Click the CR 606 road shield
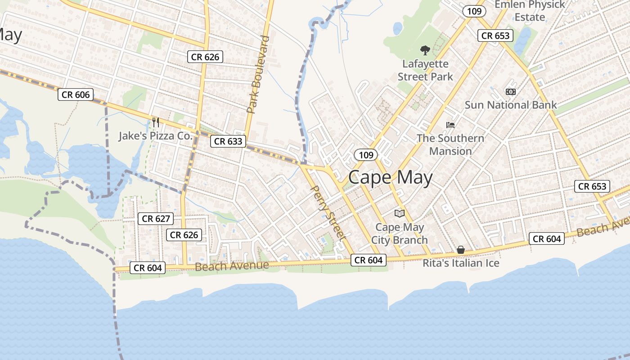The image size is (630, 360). tap(76, 94)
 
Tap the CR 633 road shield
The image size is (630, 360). tap(228, 141)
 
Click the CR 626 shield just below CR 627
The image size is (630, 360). tap(184, 235)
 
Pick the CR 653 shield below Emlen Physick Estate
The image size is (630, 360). tap(495, 36)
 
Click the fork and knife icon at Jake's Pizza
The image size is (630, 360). tap(156, 122)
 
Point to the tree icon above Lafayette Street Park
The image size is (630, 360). tap(425, 50)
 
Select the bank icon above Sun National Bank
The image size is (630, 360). tap(510, 92)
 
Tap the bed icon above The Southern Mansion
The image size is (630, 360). tap(450, 125)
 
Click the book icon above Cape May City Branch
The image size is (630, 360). tap(400, 213)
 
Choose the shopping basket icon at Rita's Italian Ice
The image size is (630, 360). tap(461, 250)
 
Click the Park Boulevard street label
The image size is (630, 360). tap(258, 74)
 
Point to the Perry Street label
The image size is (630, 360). tap(328, 212)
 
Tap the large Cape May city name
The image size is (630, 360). tap(390, 178)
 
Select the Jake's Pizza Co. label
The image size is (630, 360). tap(155, 136)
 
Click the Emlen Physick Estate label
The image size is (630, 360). tap(530, 11)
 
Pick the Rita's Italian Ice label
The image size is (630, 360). tap(461, 263)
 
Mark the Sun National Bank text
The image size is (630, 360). tap(511, 105)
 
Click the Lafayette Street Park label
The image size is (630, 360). tap(425, 70)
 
